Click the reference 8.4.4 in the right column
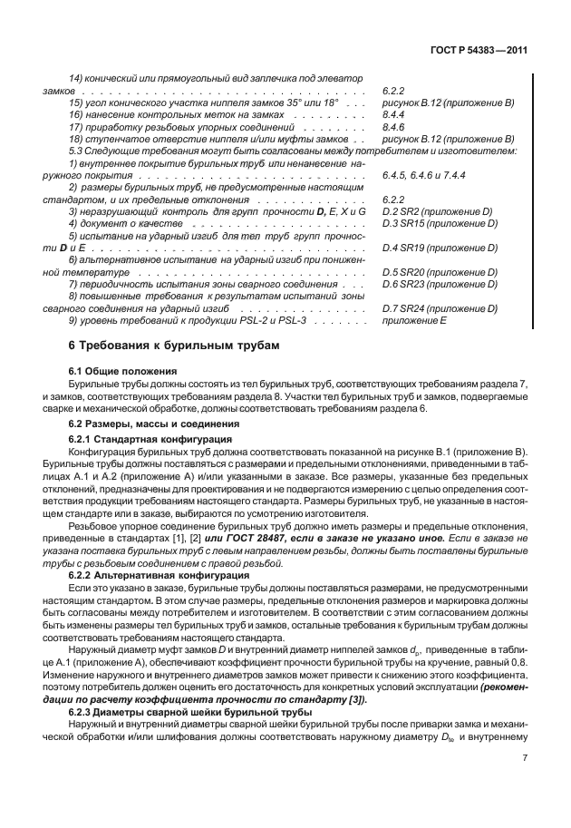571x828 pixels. pos(393,116)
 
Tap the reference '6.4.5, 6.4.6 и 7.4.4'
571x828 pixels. pos(424,174)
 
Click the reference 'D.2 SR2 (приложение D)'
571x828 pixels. pos(437,210)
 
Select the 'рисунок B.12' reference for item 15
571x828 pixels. pos(410,104)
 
